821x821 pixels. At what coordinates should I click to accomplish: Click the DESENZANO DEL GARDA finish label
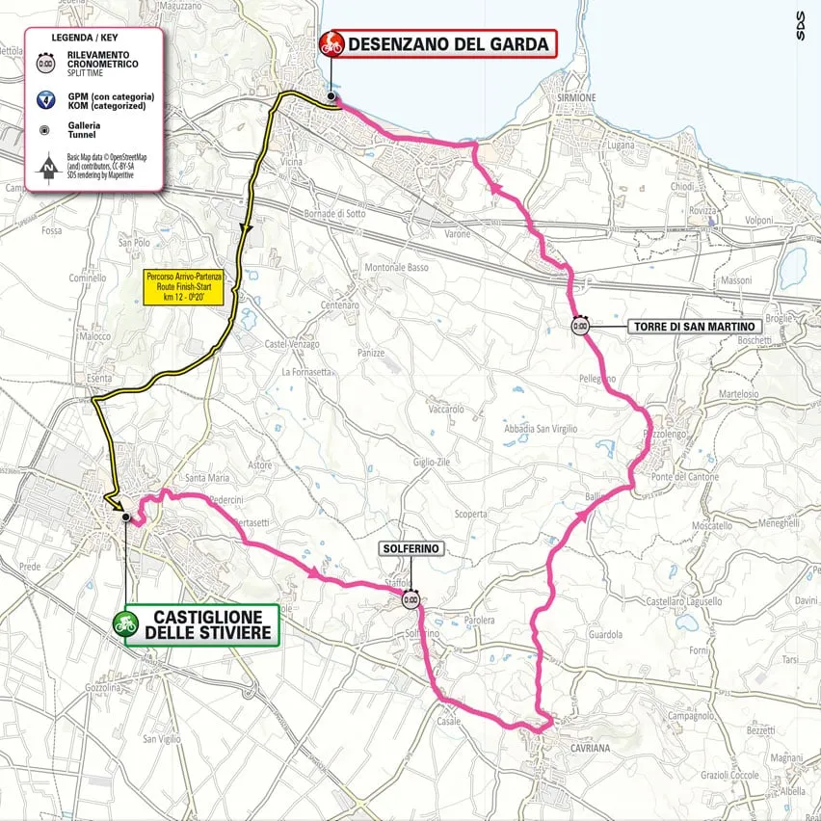point(449,43)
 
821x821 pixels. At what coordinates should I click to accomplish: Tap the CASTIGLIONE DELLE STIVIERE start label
point(208,624)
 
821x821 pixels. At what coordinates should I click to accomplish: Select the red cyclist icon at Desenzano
point(331,43)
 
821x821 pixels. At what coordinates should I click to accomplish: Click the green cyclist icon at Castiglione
point(122,624)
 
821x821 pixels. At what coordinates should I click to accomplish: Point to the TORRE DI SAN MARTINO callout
point(694,327)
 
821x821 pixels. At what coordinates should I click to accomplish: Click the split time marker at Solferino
point(410,599)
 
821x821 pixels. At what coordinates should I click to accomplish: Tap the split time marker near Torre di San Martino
point(580,326)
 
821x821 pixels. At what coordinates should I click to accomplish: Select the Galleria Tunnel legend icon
point(45,128)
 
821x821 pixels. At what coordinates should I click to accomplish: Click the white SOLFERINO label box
point(411,548)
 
